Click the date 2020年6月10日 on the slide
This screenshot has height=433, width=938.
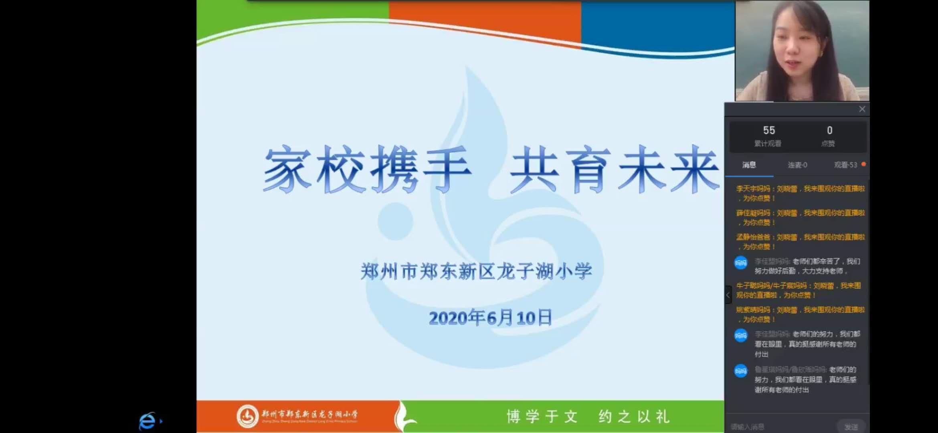(490, 318)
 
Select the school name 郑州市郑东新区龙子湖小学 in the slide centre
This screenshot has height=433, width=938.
(476, 271)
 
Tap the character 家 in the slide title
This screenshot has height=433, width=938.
(287, 169)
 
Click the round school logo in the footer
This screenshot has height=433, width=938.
(247, 416)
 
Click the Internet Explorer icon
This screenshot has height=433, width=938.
(147, 421)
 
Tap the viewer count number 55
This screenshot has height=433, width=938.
(769, 130)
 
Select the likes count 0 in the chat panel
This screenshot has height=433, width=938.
(829, 130)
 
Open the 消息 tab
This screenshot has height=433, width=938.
(749, 165)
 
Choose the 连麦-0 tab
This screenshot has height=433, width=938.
(797, 165)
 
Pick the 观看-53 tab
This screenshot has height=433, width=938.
(845, 165)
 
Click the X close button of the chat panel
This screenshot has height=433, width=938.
(862, 109)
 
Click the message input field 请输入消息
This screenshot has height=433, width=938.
(778, 427)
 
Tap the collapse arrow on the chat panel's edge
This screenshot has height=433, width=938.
(728, 295)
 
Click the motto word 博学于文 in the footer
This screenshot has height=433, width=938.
(542, 417)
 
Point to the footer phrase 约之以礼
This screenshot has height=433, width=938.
(634, 417)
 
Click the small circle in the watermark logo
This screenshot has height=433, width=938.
(395, 221)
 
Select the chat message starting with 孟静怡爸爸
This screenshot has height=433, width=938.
(800, 242)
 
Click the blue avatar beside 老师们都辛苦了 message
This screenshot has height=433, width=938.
(740, 263)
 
